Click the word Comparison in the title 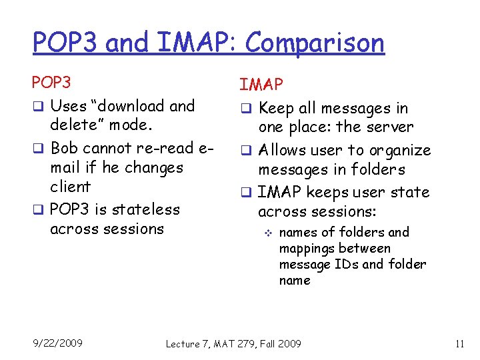315,43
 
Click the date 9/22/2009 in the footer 58,343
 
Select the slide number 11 459,344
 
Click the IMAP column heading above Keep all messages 261,85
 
